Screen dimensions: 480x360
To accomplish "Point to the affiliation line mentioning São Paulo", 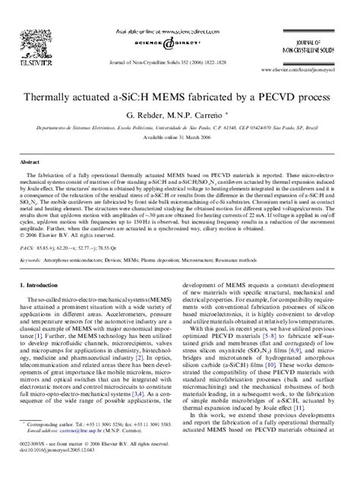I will click(180, 131).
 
